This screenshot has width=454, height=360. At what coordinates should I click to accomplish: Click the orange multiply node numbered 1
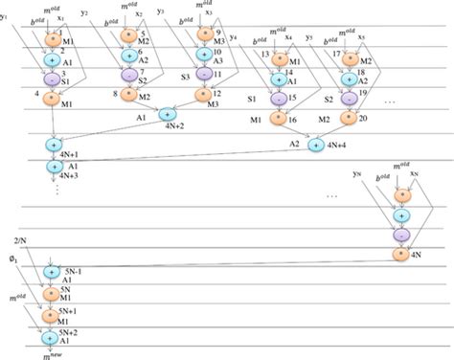pyautogui.click(x=54, y=40)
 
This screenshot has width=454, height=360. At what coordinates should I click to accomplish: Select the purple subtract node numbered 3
pyautogui.click(x=54, y=76)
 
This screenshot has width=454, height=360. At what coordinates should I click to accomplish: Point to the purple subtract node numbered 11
pyautogui.click(x=204, y=74)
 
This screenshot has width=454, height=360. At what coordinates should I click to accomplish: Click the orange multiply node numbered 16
pyautogui.click(x=279, y=121)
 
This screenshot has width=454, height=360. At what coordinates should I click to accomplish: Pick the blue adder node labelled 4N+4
pyautogui.click(x=317, y=145)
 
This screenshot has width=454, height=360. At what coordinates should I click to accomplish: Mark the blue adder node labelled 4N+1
pyautogui.click(x=54, y=145)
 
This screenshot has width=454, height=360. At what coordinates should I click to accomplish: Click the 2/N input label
pyautogui.click(x=20, y=239)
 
